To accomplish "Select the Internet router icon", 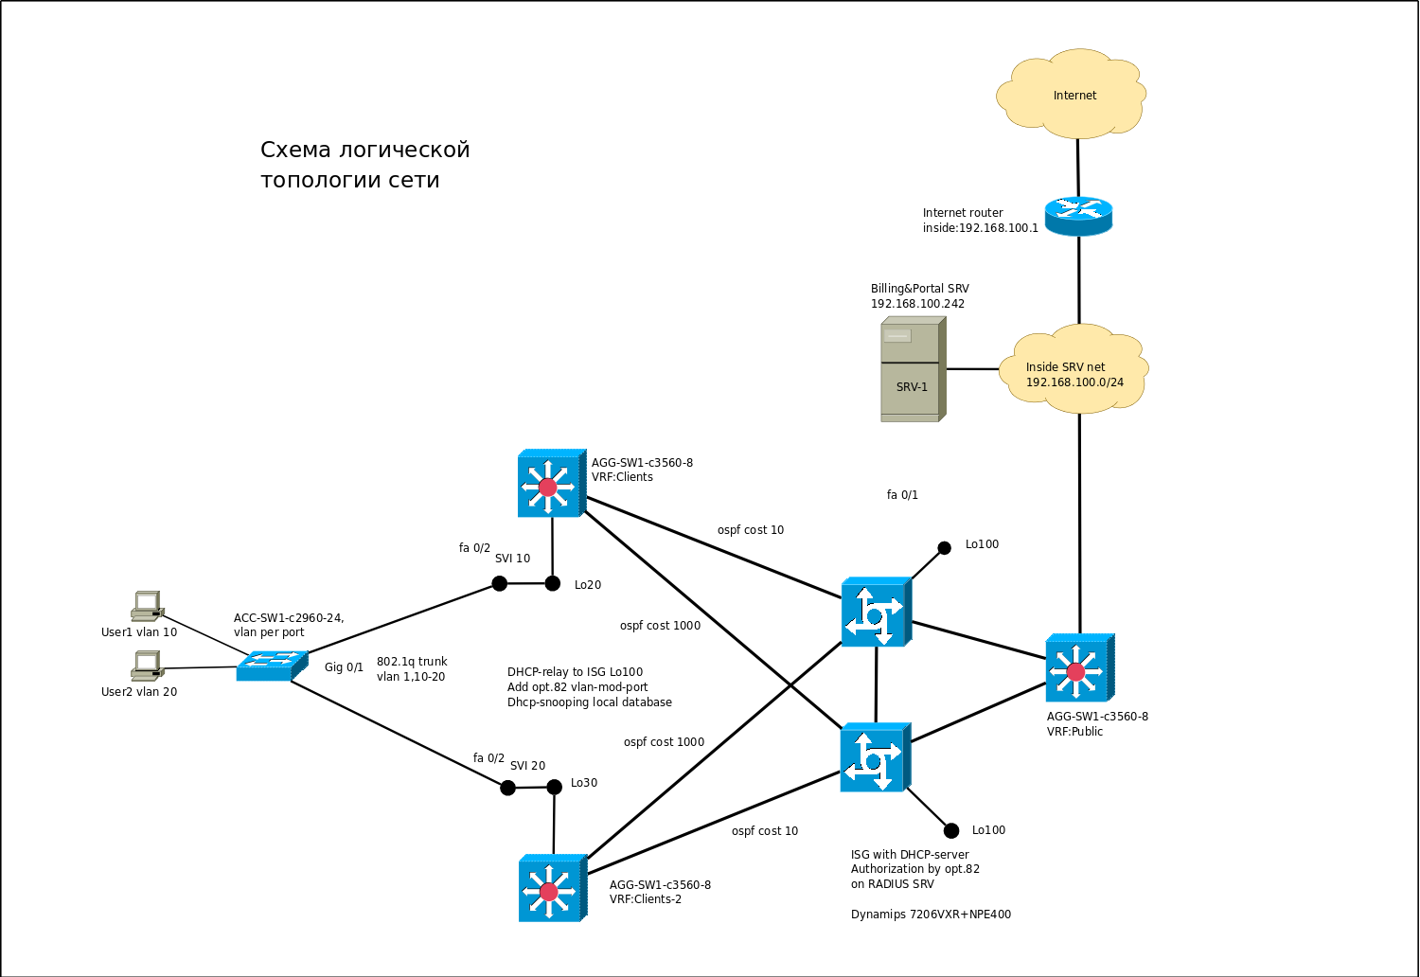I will coord(1078,217).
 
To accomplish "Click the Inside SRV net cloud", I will coord(1075,370).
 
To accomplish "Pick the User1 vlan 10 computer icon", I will coord(147,606).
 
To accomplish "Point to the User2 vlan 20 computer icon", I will coord(147,666).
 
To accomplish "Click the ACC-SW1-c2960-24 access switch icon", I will coord(272,665).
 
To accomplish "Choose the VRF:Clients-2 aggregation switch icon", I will coord(552,889).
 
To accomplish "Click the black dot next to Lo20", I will coord(553,583).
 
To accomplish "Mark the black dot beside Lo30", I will coord(555,787).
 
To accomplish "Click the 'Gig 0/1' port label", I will coord(344,667).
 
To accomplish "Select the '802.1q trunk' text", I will coord(412,662).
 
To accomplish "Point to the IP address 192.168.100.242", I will coord(917,304).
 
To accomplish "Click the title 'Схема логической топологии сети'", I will coord(364,165).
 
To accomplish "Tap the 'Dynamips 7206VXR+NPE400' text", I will coord(931,915).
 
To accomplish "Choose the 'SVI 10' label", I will coord(512,559).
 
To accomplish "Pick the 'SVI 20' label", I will coord(527,766).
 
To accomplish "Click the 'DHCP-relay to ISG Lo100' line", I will coord(575,672).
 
